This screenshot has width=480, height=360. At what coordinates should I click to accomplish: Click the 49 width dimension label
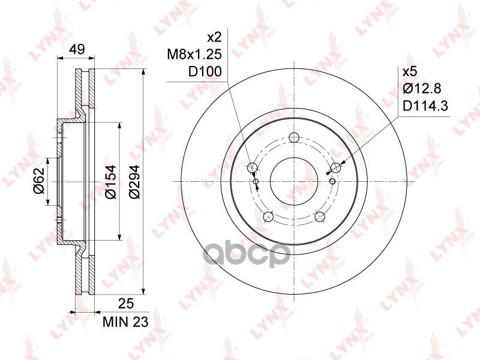77,49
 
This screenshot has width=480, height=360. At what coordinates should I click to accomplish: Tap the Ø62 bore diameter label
40,181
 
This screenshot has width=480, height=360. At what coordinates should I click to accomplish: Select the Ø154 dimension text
110,182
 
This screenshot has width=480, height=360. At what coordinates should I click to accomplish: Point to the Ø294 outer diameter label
134,182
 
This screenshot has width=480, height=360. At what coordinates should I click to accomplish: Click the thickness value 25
126,304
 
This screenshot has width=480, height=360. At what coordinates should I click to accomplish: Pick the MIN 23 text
125,322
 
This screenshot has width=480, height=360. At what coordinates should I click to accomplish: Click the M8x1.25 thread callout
194,55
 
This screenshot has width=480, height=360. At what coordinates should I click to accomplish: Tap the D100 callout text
205,72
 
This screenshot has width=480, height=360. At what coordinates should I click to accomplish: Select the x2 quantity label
214,38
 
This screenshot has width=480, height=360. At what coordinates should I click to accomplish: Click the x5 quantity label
410,72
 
